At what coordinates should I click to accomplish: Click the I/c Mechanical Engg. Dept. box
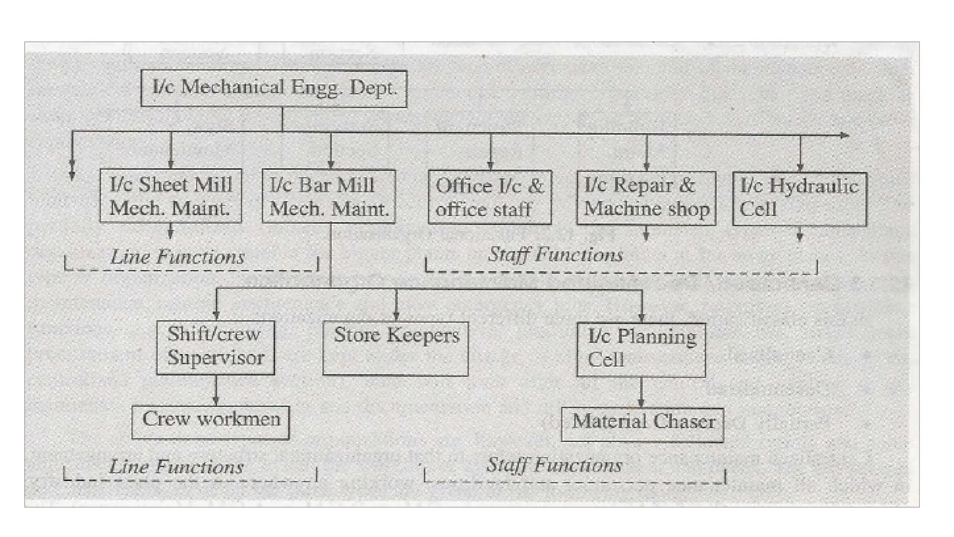(274, 89)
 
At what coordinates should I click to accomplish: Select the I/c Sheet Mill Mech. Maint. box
(170, 196)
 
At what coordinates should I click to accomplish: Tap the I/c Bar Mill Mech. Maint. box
(329, 196)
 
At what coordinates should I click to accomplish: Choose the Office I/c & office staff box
(490, 197)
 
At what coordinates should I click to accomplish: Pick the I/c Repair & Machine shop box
(646, 198)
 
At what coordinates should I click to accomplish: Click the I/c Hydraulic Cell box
(799, 199)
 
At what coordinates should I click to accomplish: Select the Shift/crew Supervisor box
(215, 347)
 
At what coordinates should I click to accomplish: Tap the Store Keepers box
(395, 348)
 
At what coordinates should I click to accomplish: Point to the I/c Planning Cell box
(641, 350)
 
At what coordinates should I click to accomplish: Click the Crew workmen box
(211, 422)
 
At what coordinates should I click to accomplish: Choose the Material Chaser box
(642, 425)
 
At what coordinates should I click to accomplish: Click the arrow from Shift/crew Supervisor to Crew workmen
(216, 391)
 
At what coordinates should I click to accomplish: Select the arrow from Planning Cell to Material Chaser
(641, 392)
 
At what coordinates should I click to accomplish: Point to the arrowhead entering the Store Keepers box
(396, 316)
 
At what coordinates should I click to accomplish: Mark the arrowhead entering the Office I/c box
(490, 165)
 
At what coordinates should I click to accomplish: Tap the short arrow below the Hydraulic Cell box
(800, 234)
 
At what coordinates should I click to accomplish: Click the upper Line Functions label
(177, 257)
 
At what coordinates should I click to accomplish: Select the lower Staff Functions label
(554, 465)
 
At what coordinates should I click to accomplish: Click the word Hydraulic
(813, 186)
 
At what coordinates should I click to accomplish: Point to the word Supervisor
(216, 358)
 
